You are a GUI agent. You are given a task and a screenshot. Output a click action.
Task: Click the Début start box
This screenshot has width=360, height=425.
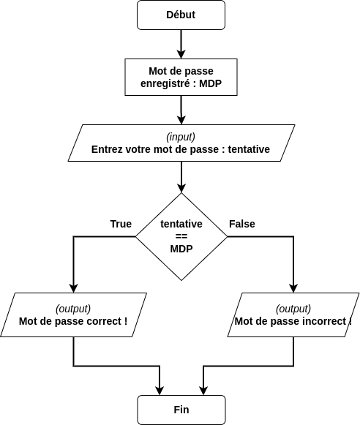coord(181,15)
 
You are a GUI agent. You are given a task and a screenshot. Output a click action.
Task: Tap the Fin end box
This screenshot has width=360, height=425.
coord(181,410)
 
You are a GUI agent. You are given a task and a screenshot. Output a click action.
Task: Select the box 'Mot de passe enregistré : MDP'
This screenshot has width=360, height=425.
coord(181,78)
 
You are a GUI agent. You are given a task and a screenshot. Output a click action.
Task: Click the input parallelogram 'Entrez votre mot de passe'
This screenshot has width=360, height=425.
coord(181,143)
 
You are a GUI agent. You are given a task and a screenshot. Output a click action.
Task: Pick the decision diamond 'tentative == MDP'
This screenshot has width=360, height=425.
coord(181,236)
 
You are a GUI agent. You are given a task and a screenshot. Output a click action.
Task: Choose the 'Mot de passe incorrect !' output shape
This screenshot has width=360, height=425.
coord(293,315)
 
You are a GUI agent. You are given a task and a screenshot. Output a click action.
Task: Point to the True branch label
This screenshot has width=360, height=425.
coord(121,224)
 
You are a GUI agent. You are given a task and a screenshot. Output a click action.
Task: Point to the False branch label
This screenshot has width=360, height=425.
coord(242,224)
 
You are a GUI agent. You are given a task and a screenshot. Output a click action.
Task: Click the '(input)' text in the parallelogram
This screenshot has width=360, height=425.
coord(181,137)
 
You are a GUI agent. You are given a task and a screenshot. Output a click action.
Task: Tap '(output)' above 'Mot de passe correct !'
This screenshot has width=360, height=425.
coord(73,308)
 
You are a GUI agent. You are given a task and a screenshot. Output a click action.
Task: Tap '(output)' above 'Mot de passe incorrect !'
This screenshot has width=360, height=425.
coord(293,308)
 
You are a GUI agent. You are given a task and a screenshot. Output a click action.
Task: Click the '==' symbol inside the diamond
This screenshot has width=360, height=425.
coord(181,236)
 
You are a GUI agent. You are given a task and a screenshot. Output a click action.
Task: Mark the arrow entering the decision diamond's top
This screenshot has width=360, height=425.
coord(181,178)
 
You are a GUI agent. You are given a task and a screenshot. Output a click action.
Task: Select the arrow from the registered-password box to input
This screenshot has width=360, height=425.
coord(181,110)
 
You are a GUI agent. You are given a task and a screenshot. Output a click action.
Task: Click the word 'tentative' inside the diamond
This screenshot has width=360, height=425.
coord(181,224)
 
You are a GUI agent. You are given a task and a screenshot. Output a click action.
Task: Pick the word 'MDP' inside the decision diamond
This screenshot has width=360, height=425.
coord(181,249)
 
